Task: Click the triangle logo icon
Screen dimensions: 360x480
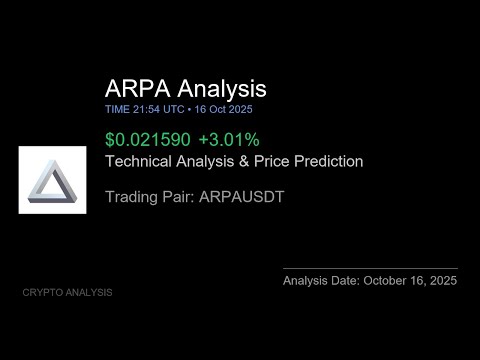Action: [x=52, y=179]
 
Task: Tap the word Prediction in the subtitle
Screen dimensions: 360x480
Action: [x=329, y=160]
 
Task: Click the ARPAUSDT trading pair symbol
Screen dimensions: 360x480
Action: [x=242, y=197]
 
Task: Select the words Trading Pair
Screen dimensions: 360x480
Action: [x=148, y=197]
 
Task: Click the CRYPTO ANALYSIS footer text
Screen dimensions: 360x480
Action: [x=67, y=292]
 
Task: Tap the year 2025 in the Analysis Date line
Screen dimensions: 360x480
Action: [x=440, y=281]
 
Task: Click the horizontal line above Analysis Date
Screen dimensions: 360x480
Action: [x=370, y=268]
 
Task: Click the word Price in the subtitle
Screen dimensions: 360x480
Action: [x=273, y=160]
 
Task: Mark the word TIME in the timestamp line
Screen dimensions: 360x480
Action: [x=116, y=109]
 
